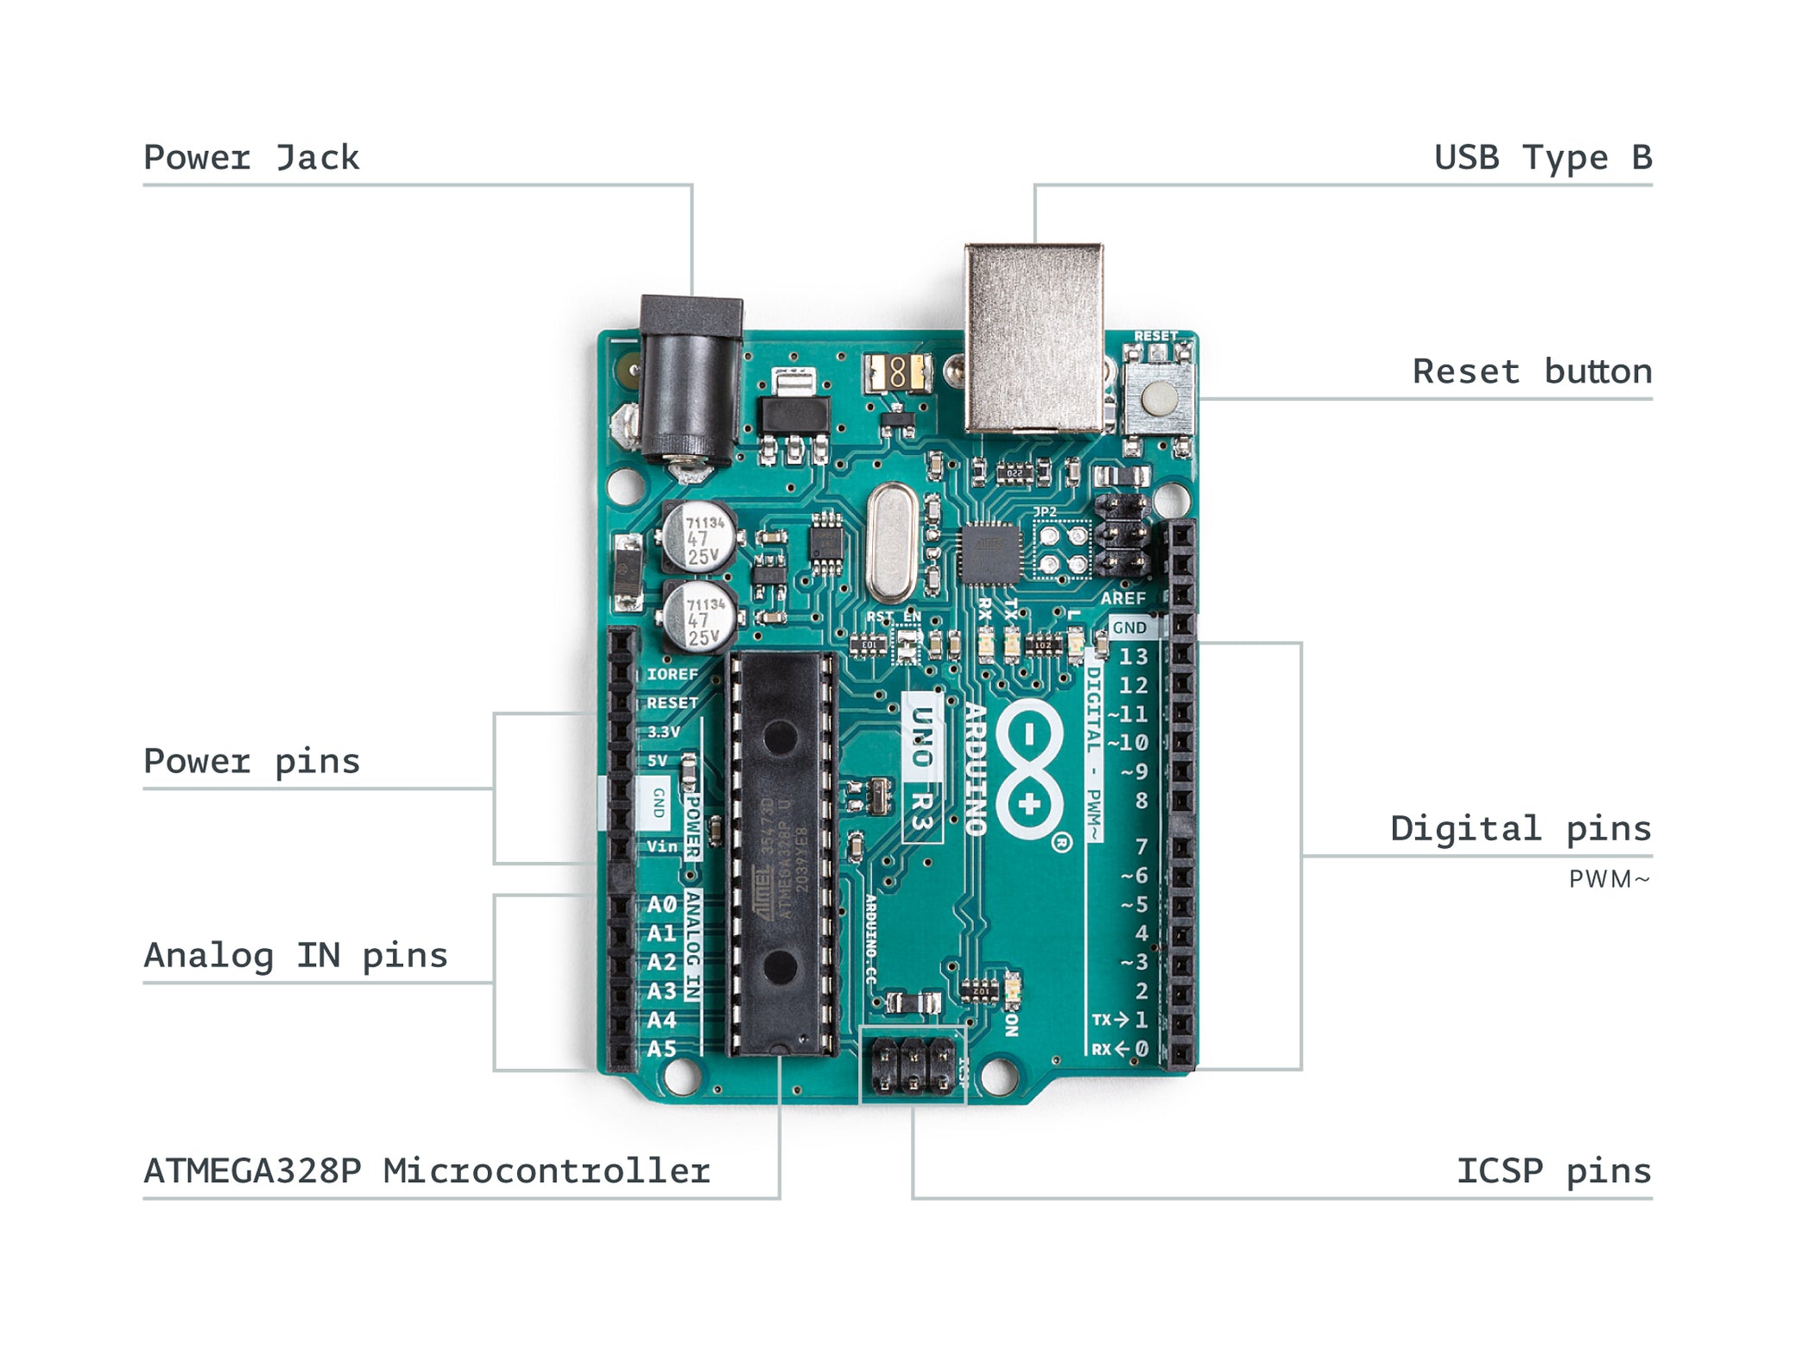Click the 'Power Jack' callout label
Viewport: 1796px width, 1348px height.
pyautogui.click(x=250, y=158)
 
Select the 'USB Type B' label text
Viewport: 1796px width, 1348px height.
pyautogui.click(x=1542, y=158)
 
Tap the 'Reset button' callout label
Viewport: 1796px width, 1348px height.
pyautogui.click(x=1532, y=371)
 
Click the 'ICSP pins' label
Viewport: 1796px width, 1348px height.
pyautogui.click(x=1553, y=1171)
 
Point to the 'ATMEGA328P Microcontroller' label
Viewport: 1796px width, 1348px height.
pyautogui.click(x=427, y=1171)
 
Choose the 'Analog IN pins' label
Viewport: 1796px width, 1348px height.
pyautogui.click(x=295, y=955)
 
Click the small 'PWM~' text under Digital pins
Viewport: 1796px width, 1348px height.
pyautogui.click(x=1609, y=879)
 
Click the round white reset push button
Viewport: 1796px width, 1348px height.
pyautogui.click(x=1159, y=397)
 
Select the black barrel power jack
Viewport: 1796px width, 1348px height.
pyautogui.click(x=689, y=380)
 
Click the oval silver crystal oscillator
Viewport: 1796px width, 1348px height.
pyautogui.click(x=891, y=542)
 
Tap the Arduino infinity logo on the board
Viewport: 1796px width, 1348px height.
pyautogui.click(x=1029, y=769)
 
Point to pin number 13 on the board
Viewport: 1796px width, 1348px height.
pyautogui.click(x=1133, y=656)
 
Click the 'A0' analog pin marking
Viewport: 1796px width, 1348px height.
pyautogui.click(x=661, y=904)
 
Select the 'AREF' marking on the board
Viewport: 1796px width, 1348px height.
pyautogui.click(x=1122, y=598)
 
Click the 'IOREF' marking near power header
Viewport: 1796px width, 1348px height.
pyautogui.click(x=672, y=674)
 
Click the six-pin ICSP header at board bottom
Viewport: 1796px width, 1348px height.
pyautogui.click(x=913, y=1064)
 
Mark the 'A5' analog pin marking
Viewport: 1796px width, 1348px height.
pyautogui.click(x=661, y=1048)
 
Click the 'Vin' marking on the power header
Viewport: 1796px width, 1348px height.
pyautogui.click(x=662, y=846)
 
